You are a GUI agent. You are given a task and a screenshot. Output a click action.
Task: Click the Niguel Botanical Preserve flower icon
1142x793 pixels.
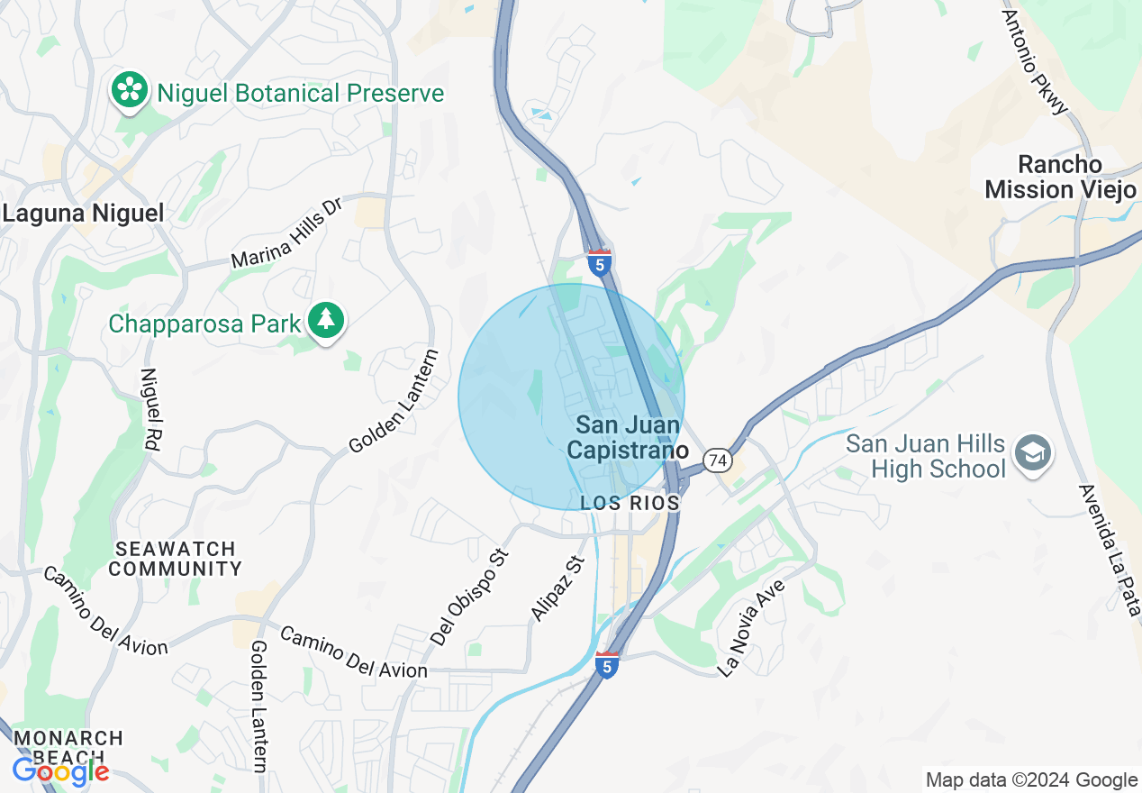tap(131, 91)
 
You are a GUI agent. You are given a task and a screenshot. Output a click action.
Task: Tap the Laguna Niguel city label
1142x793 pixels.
tap(83, 214)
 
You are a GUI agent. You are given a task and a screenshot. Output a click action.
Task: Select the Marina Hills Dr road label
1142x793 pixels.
tap(287, 234)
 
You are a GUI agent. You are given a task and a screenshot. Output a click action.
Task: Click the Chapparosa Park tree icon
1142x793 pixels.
tap(325, 321)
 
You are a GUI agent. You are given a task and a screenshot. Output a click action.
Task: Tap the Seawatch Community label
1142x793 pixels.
tap(176, 559)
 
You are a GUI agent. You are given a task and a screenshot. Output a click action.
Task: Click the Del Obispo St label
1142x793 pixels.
tap(470, 596)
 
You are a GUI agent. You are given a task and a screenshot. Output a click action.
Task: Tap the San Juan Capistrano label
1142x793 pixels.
tap(628, 437)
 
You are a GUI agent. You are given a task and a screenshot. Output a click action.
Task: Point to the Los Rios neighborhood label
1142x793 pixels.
tap(630, 504)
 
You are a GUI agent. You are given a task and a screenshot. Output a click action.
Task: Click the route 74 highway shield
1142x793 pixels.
tap(718, 460)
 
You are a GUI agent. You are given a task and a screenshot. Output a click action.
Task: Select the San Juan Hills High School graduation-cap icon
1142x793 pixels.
tap(1032, 454)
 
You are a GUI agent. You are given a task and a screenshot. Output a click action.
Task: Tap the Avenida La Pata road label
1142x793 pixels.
tap(1107, 550)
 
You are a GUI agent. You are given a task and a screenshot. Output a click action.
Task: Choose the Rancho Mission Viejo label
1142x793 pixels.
tap(1060, 177)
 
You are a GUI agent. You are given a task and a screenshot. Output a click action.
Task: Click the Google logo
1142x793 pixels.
tap(60, 771)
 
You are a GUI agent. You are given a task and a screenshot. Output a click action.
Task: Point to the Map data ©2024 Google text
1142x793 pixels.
tap(1032, 780)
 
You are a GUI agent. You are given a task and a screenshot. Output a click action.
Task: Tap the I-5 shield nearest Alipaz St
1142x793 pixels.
tap(607, 665)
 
